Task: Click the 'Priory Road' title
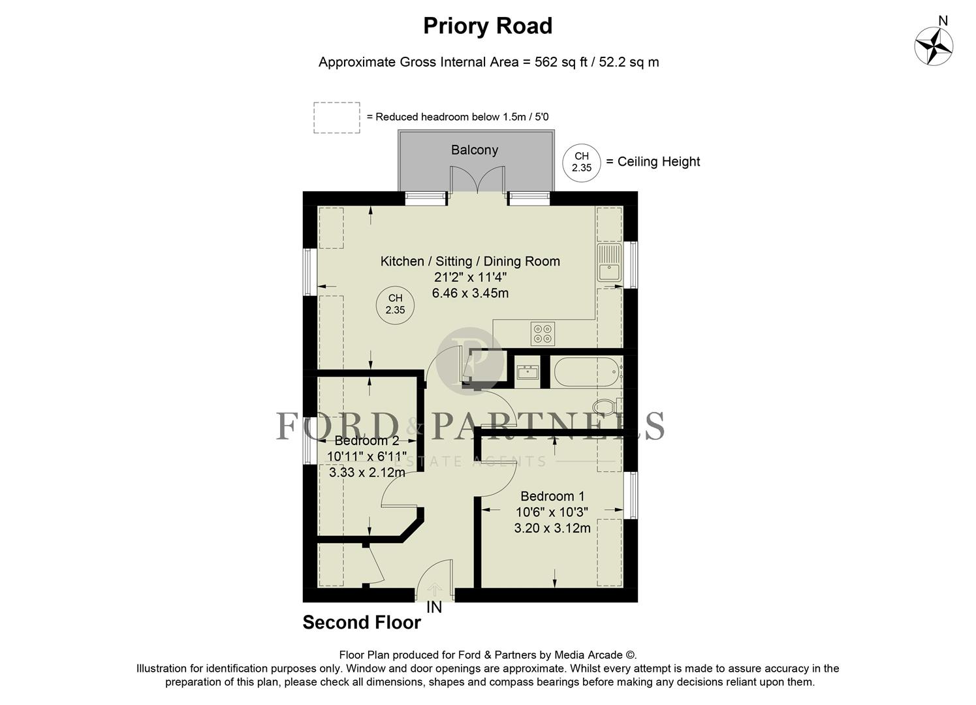(x=488, y=26)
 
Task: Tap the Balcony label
(x=475, y=150)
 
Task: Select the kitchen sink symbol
(x=610, y=262)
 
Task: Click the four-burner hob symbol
(x=543, y=334)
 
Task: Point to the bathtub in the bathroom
(x=586, y=372)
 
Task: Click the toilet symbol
(x=607, y=407)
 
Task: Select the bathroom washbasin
(x=527, y=372)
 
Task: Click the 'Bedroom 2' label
(x=366, y=441)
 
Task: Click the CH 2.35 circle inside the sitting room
(x=395, y=304)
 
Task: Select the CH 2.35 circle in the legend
(x=581, y=162)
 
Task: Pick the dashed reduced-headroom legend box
(x=336, y=117)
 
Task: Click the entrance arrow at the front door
(x=435, y=590)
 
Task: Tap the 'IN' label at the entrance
(x=434, y=608)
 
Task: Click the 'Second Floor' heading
(x=362, y=623)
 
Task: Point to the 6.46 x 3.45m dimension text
(x=470, y=293)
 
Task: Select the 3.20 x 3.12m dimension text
(x=552, y=528)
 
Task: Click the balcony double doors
(x=477, y=180)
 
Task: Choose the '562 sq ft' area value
(x=556, y=63)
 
